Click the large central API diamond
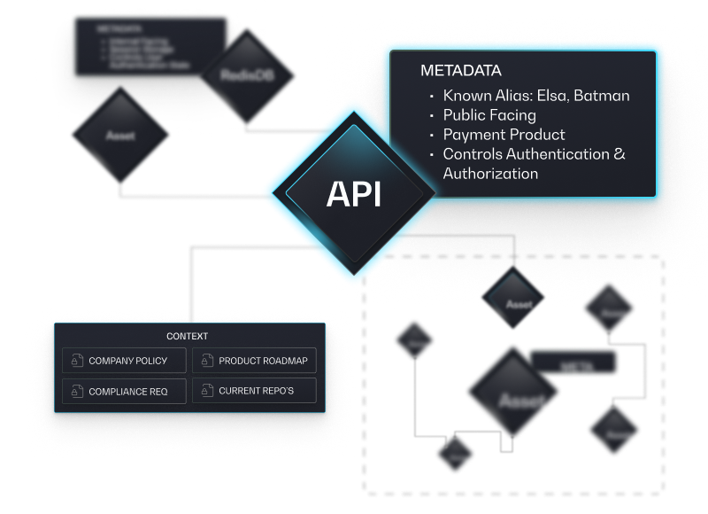pos(354,194)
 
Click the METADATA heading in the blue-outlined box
pos(461,71)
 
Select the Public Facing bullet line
pos(489,115)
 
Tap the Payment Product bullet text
pos(504,135)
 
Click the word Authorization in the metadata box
pos(490,174)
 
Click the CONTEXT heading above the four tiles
pos(188,337)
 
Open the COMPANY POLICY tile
pos(125,362)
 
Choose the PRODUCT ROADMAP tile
pos(254,362)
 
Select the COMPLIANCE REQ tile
pos(125,391)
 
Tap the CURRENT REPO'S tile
pos(254,391)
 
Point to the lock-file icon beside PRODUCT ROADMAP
pos(207,362)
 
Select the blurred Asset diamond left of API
pos(121,136)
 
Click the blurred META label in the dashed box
pos(571,364)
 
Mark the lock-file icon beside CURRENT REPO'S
pos(207,391)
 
